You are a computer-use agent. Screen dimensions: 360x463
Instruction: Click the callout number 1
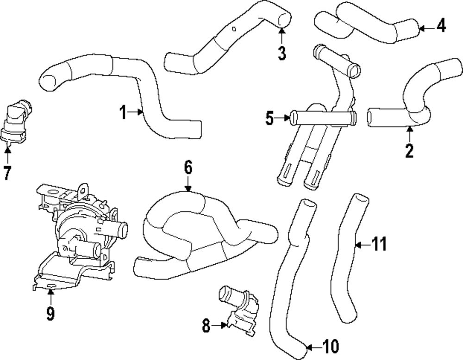[x=123, y=112]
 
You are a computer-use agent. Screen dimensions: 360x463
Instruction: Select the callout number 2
[x=409, y=150]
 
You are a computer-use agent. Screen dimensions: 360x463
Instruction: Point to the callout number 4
[x=441, y=26]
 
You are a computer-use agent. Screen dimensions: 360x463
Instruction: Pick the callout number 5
[x=269, y=119]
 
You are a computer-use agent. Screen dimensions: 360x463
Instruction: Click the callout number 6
[x=188, y=168]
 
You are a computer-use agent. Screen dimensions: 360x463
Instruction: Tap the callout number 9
[x=50, y=314]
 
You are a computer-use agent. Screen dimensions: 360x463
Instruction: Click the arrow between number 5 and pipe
[x=282, y=119]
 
